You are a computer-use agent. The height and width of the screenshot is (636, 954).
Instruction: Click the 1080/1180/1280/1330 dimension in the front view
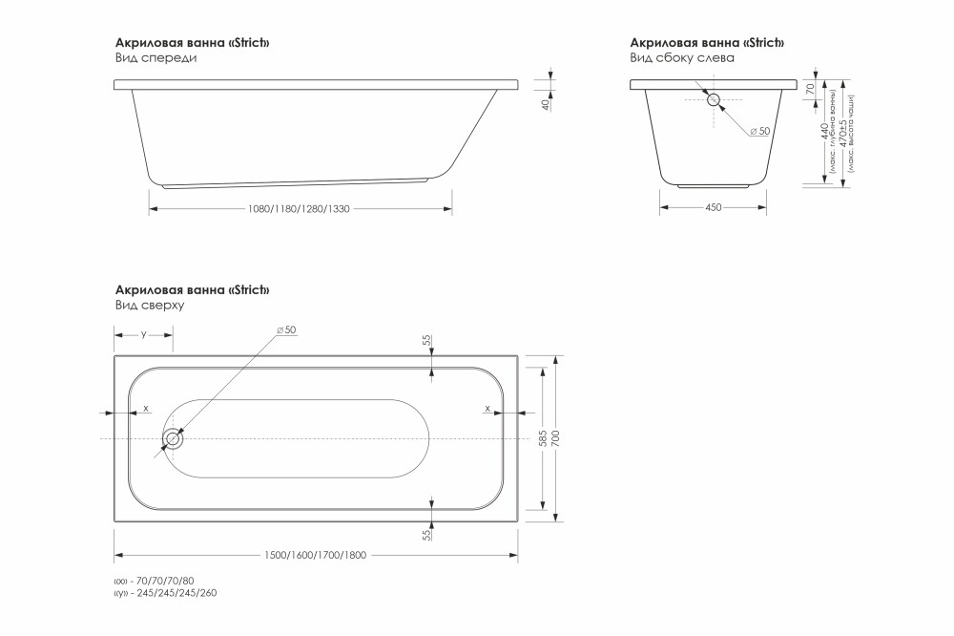[x=299, y=209]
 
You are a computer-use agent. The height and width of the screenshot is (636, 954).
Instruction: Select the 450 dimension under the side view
[x=713, y=208]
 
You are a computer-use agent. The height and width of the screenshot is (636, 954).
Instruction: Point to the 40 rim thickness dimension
[x=546, y=104]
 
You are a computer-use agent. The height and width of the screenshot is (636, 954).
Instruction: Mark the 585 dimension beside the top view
[x=543, y=439]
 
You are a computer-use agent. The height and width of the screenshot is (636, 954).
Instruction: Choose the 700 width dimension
[x=556, y=439]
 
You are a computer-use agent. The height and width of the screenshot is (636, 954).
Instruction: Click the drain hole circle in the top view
[x=173, y=439]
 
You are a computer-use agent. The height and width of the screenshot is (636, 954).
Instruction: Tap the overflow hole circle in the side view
[x=714, y=97]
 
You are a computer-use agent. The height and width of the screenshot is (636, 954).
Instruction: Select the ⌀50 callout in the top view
[x=287, y=329]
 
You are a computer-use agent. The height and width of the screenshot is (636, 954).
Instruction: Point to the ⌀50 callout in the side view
[x=760, y=131]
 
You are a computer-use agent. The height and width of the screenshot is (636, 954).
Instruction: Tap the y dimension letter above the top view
[x=143, y=334]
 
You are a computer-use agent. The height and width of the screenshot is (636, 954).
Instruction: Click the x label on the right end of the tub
[x=487, y=408]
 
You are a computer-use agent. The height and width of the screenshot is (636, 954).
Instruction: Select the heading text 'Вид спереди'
[x=156, y=58]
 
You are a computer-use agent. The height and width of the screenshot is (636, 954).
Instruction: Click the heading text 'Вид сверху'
[x=149, y=306]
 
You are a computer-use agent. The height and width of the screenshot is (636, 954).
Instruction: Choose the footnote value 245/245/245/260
[x=177, y=593]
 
